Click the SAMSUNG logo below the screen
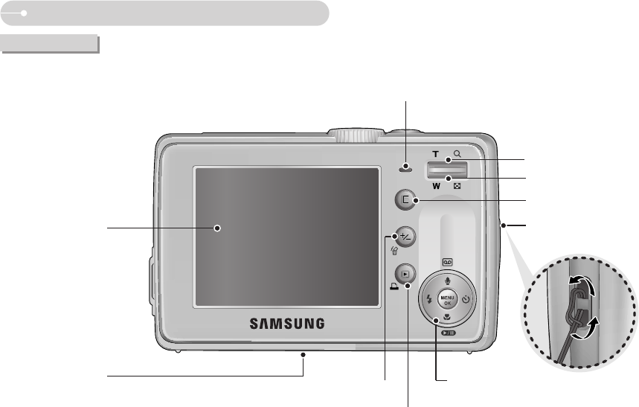pos(286,324)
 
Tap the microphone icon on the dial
pos(447,282)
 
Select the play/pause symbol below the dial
pos(447,333)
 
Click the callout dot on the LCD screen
pos(218,228)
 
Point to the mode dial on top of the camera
pos(355,135)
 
